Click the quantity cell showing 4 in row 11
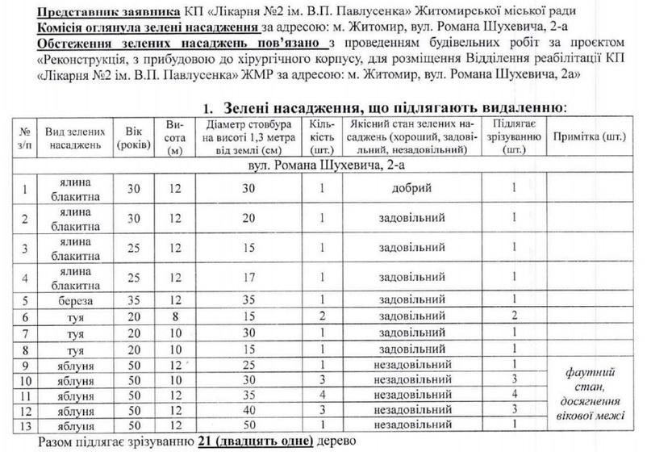[x=320, y=396]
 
